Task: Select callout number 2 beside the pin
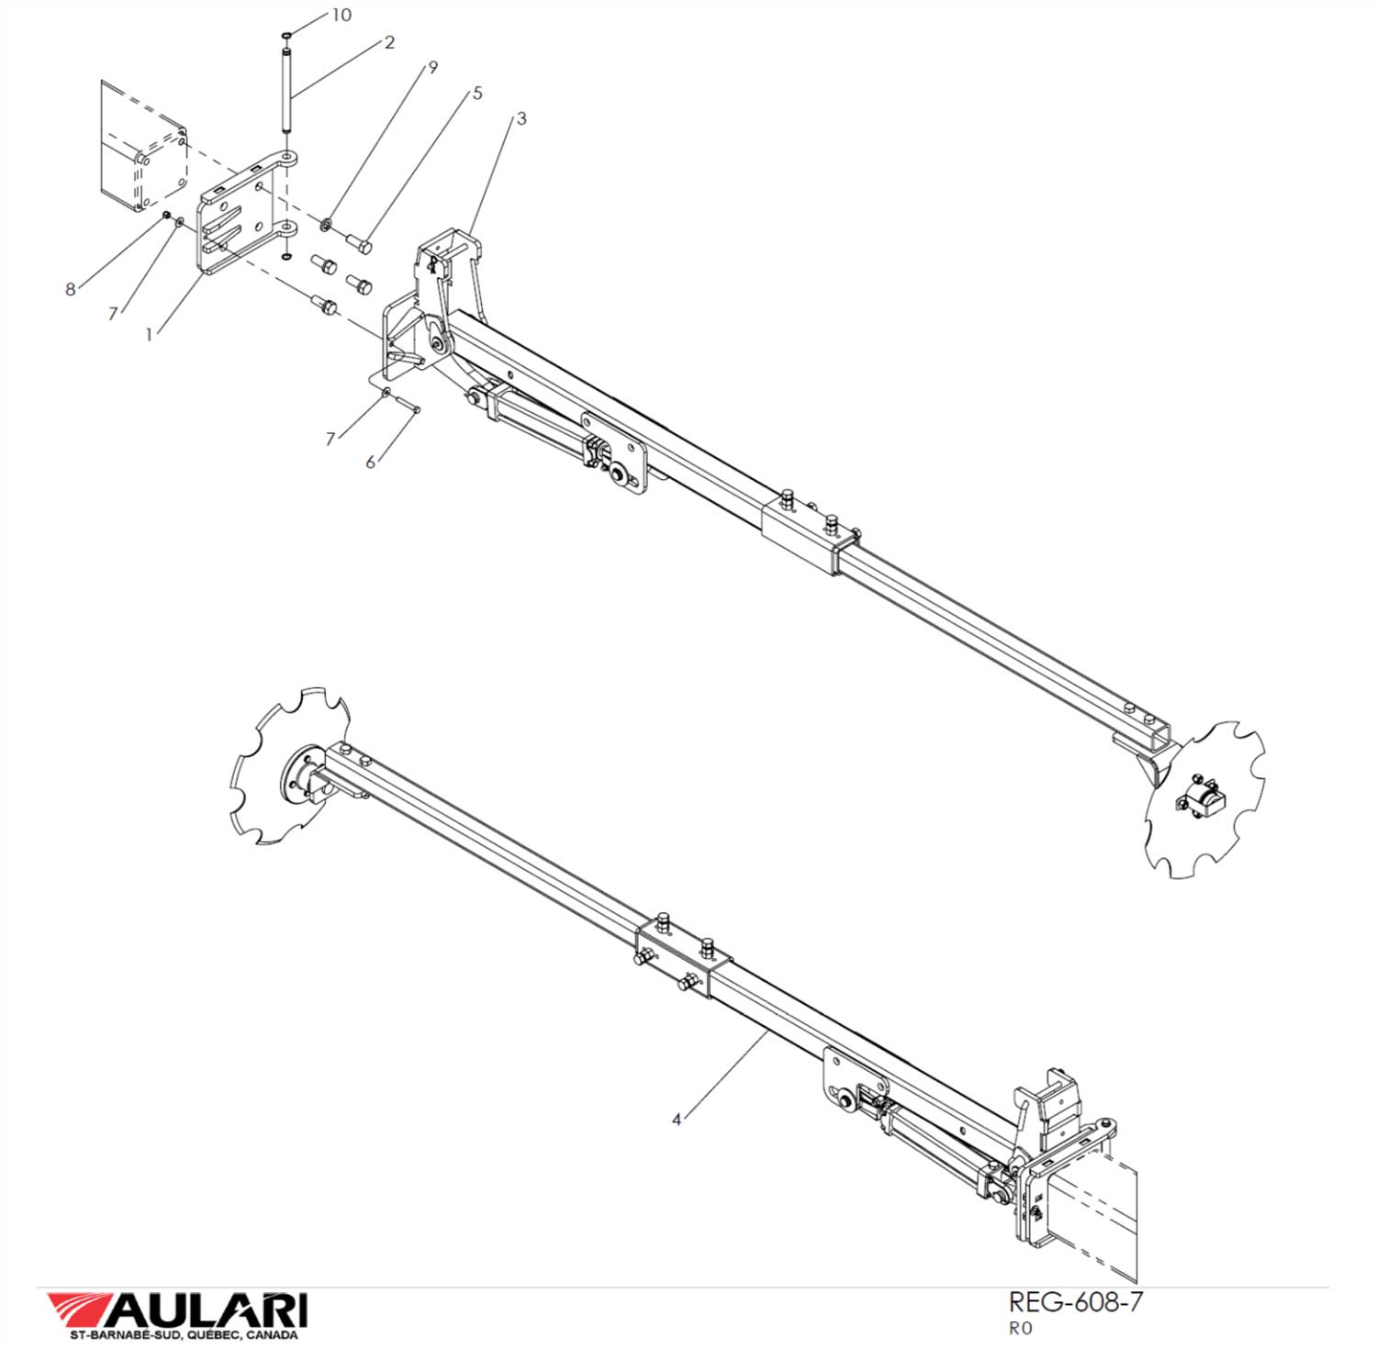389,43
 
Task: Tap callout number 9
431,67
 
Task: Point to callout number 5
477,93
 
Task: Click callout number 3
521,118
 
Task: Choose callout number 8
71,289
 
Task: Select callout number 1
149,335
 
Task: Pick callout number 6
371,462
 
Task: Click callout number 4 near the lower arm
677,1120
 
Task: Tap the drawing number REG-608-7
1076,1301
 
